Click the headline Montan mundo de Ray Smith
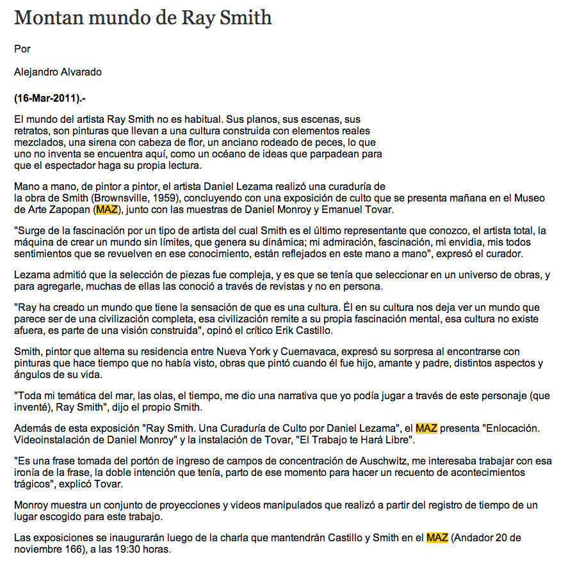coord(143,17)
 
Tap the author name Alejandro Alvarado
coord(58,72)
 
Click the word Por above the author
coord(22,49)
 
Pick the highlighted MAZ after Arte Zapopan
coord(106,210)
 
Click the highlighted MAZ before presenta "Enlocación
coord(427,428)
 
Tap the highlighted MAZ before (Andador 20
coord(437,538)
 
